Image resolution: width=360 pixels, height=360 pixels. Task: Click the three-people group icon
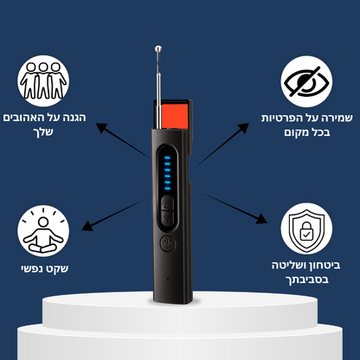point(43,81)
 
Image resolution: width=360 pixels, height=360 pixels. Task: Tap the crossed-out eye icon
point(306,81)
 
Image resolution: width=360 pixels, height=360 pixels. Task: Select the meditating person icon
point(43,231)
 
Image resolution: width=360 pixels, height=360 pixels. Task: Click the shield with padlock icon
point(306,228)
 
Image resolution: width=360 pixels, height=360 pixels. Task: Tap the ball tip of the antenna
point(158,48)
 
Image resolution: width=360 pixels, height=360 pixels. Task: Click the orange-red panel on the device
point(175,116)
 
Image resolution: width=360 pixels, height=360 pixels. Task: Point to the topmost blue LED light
point(167,157)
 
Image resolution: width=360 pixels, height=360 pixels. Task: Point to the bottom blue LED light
point(167,189)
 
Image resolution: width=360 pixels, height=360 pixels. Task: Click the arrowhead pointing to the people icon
point(101,127)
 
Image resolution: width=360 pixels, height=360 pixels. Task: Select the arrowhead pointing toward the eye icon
point(243,127)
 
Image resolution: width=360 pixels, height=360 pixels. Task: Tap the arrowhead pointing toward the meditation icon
point(87,226)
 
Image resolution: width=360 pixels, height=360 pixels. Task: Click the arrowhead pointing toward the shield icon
point(261,219)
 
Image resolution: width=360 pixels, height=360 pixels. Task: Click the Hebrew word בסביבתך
point(307,280)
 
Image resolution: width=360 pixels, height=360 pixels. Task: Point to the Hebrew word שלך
point(45,132)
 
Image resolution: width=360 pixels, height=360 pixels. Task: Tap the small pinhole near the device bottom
point(168,279)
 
